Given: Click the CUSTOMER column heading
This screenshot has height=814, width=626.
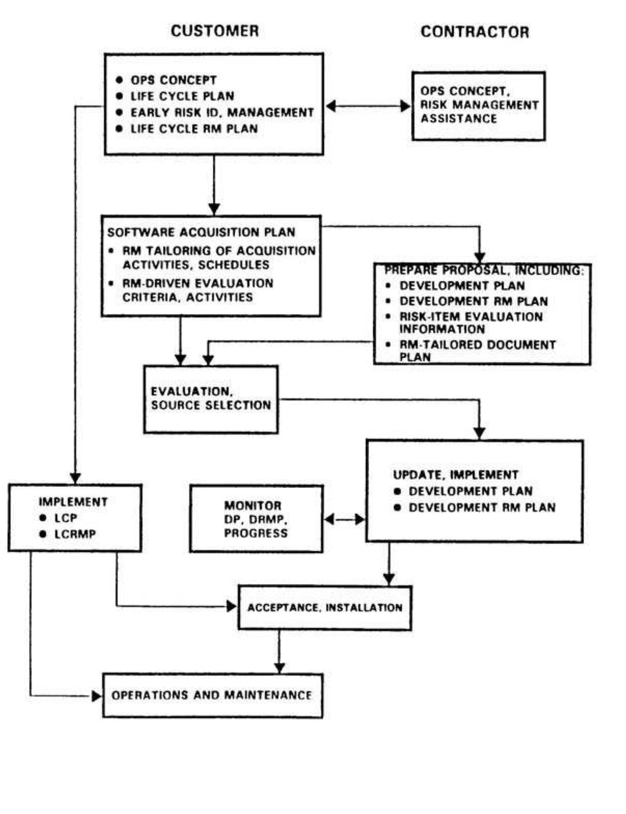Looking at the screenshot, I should click(x=214, y=31).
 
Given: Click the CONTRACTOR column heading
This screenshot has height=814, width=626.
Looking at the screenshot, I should click(x=474, y=32).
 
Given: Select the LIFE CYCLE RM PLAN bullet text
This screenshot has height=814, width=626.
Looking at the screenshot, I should click(x=194, y=129).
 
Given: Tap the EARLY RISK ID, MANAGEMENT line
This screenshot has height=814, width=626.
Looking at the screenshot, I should click(x=222, y=113).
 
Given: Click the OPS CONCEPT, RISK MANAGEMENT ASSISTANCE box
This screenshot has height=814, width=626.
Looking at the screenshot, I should click(x=478, y=106).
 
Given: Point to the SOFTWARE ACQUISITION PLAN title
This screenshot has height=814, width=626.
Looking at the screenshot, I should click(x=201, y=232).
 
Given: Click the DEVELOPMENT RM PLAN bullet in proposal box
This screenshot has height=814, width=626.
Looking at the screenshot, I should click(x=473, y=301).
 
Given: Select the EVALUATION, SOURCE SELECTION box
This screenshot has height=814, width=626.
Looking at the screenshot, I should click(x=211, y=399).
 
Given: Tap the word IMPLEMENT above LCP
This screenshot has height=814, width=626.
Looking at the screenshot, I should click(x=73, y=502).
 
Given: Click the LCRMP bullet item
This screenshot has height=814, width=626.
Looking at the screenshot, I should click(x=75, y=534).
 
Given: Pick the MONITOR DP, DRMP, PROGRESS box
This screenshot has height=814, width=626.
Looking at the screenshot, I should click(x=256, y=519).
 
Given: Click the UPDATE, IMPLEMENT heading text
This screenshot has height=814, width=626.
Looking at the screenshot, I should click(x=455, y=475).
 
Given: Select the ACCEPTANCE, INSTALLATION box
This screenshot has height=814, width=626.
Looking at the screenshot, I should click(x=324, y=607).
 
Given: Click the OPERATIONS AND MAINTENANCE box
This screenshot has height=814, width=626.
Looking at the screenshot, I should click(x=212, y=695).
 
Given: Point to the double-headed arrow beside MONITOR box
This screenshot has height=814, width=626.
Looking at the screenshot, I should click(x=345, y=519).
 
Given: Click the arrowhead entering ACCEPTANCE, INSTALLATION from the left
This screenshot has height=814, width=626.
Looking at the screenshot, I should click(x=232, y=606).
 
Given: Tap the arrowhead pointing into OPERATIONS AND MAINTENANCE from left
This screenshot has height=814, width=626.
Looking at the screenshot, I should click(x=97, y=696).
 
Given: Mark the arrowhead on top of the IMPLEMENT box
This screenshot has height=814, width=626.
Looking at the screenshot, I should click(x=75, y=478).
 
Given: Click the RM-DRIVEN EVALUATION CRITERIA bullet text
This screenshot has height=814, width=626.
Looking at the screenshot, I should click(x=197, y=290).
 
